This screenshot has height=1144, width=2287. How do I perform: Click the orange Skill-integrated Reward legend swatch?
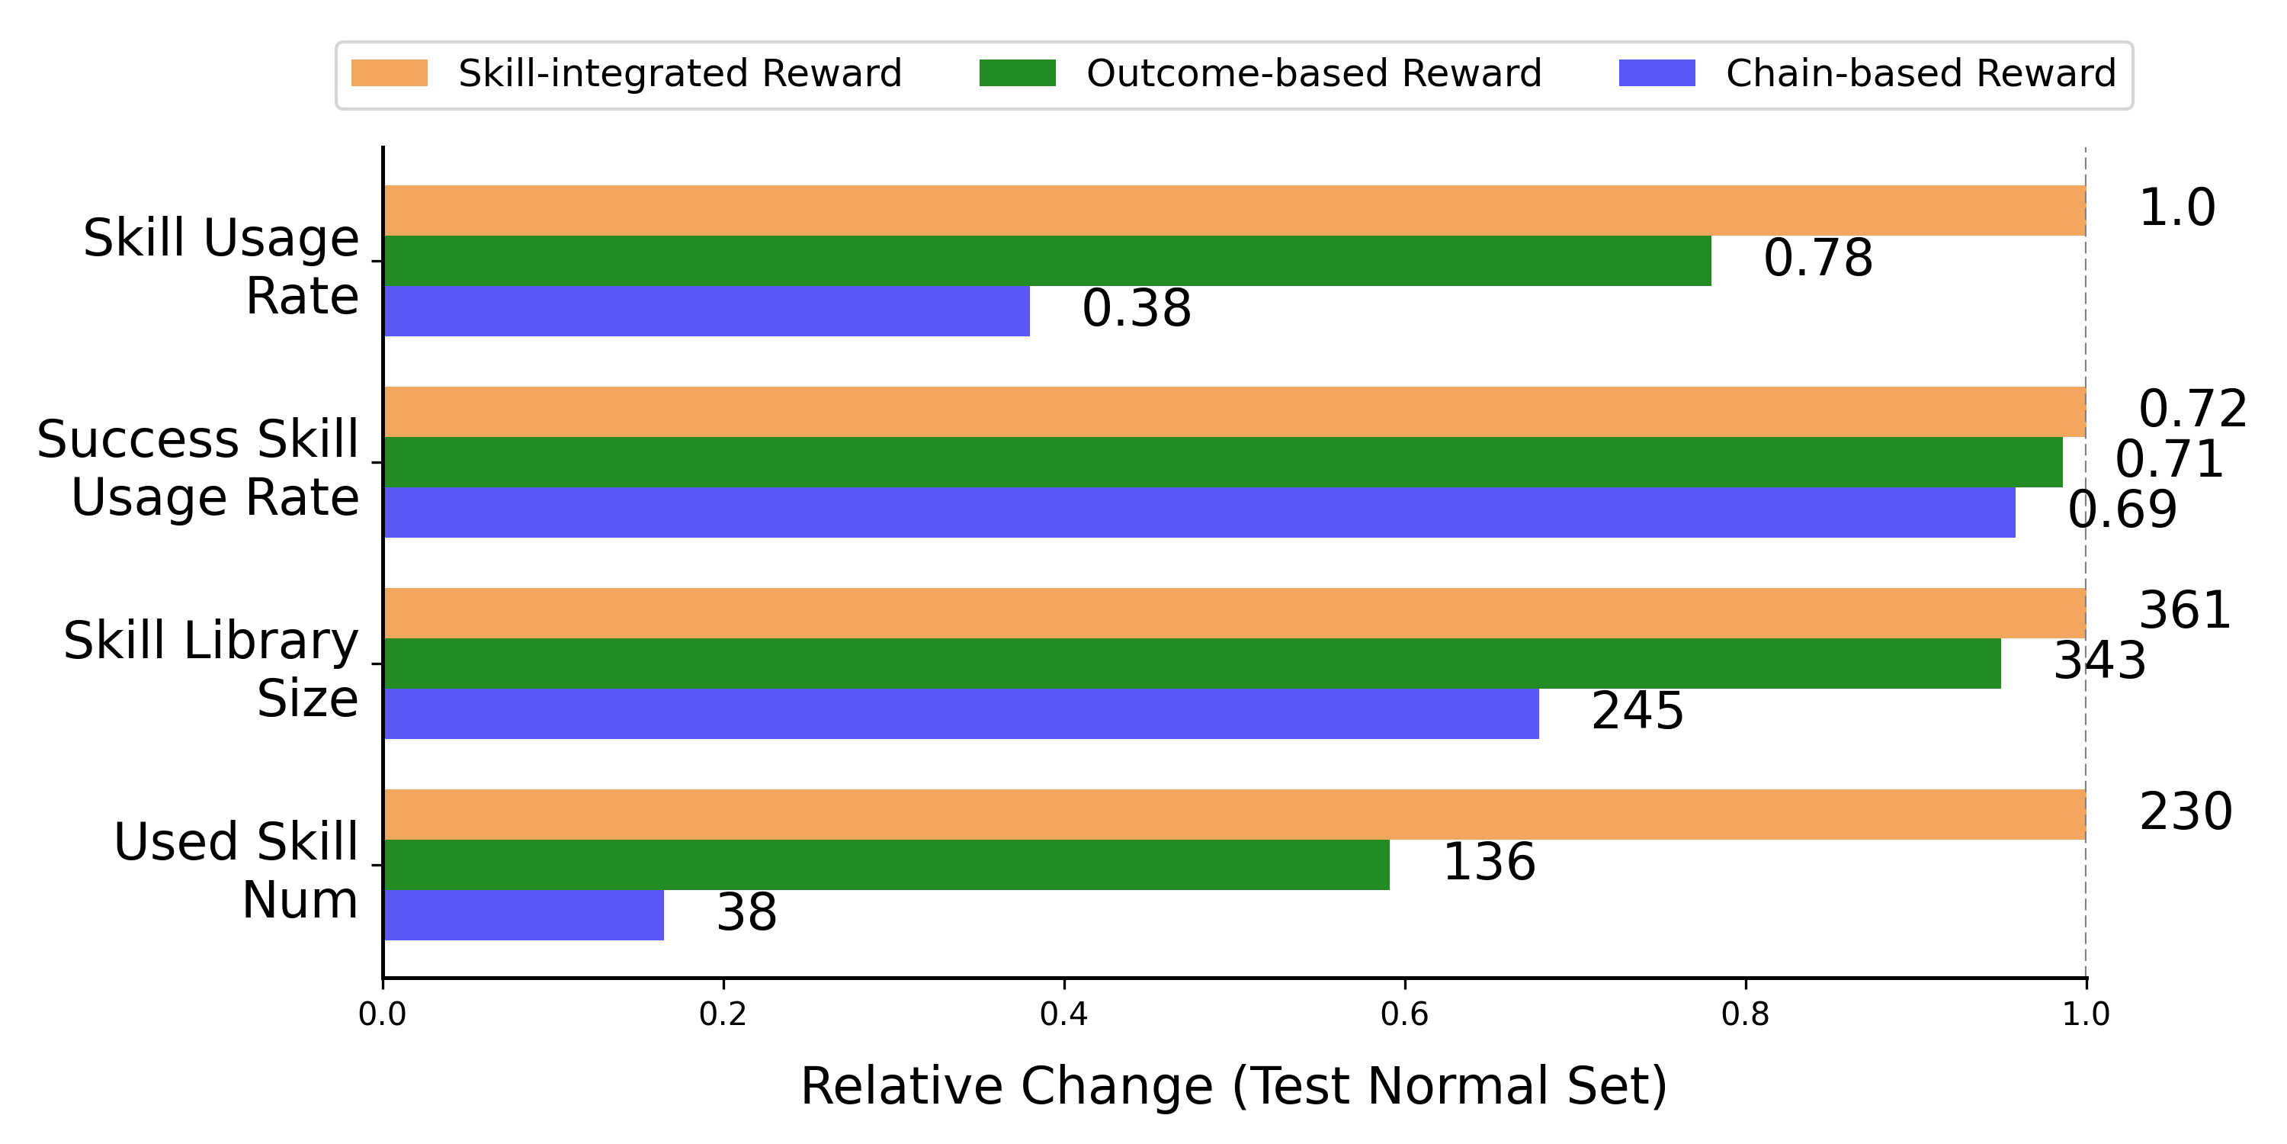pos(389,72)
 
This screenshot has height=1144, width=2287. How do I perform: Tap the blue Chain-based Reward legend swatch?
pos(1656,72)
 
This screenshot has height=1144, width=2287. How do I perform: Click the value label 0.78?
pos(1817,259)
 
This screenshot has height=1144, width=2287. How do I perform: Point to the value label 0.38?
pos(1136,309)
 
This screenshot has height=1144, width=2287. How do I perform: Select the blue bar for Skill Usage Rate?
pos(706,311)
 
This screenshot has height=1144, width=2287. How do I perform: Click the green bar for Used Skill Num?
pos(886,864)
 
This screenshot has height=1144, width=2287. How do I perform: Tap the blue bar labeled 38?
pos(524,915)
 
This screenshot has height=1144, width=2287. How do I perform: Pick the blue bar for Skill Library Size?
pos(961,713)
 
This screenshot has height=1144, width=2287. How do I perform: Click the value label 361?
pos(2184,611)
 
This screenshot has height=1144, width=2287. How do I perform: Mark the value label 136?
pos(1488,863)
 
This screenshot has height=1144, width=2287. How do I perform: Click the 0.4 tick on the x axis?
pos(1063,1014)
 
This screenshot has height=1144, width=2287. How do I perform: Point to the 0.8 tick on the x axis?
pos(1744,1014)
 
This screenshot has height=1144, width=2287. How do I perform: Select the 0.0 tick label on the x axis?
pos(382,1014)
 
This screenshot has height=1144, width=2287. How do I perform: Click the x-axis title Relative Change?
pos(1233,1085)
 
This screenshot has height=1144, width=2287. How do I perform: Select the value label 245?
pos(1636,712)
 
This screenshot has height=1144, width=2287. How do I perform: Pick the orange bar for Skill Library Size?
pos(1234,613)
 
